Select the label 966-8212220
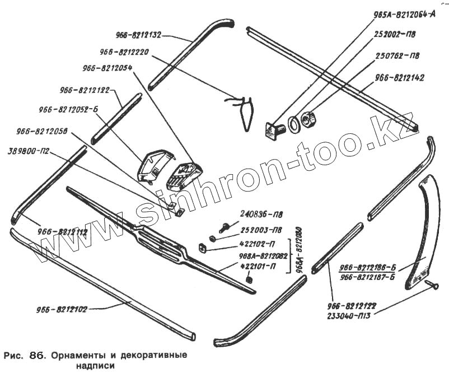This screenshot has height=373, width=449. (x=124, y=52)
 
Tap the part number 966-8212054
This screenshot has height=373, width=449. (x=107, y=68)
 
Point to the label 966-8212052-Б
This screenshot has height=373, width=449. (x=68, y=110)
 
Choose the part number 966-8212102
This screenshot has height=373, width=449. (x=62, y=309)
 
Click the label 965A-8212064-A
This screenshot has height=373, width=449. (x=404, y=16)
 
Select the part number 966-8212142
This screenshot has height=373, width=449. (x=400, y=78)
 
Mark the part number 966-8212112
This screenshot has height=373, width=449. (x=63, y=231)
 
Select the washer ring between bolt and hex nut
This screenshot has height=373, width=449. (x=293, y=123)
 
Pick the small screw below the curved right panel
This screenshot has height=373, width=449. (x=431, y=286)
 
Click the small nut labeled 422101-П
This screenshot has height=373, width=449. (x=250, y=279)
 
